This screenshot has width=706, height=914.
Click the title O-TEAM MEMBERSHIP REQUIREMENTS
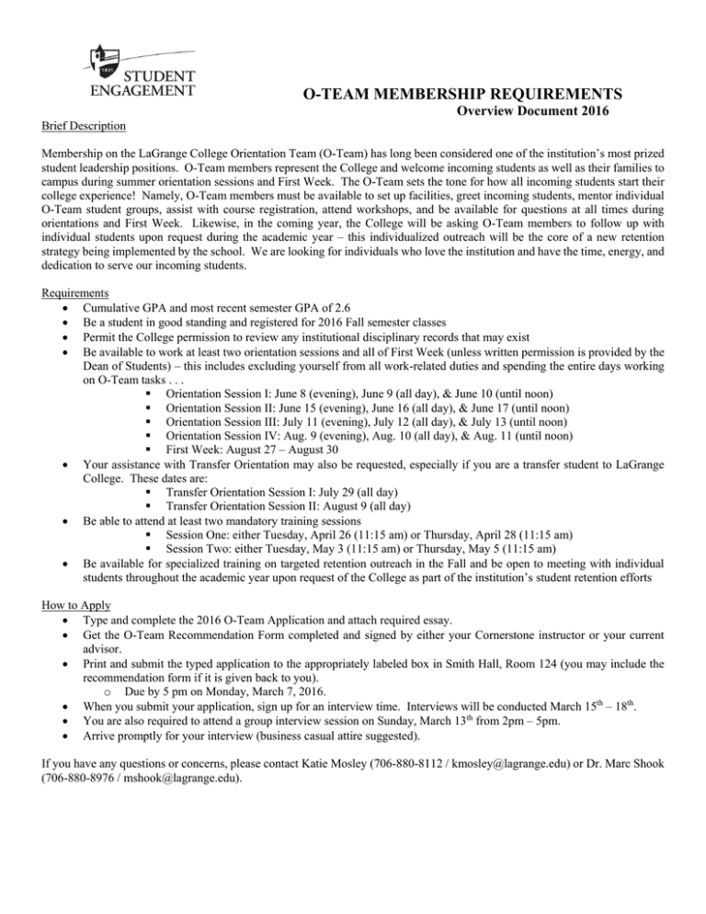click(x=462, y=93)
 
